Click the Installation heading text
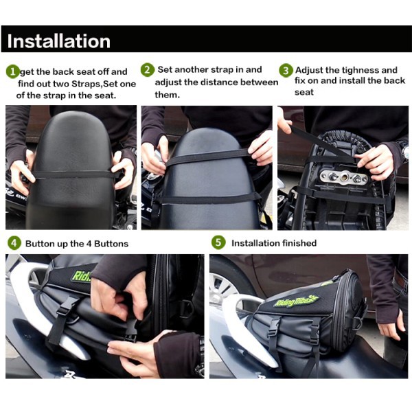coord(58,41)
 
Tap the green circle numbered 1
coord(12,71)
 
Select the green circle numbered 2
coord(148,70)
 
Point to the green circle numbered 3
coord(286,70)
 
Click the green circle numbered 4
coord(14,243)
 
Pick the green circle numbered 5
coord(218,242)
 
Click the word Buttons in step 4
coord(111,244)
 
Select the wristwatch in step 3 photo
coord(404,150)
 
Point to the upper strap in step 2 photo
coord(207,156)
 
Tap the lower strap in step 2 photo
coord(207,199)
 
